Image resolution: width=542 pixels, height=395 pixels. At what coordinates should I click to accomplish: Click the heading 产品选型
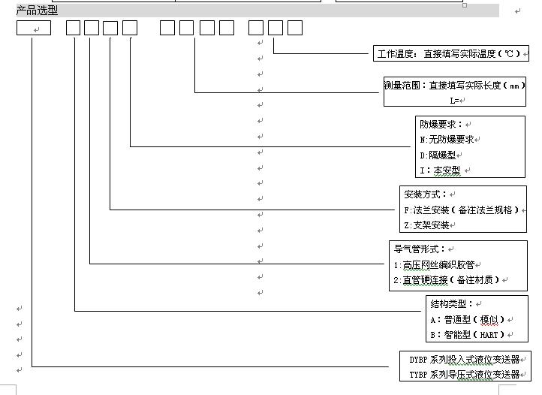(x=37, y=11)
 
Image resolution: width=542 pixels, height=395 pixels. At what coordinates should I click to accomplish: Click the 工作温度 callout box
(x=451, y=53)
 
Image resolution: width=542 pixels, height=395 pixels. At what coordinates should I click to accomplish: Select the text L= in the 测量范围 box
(x=454, y=101)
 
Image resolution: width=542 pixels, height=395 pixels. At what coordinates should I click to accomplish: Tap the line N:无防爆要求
(x=447, y=140)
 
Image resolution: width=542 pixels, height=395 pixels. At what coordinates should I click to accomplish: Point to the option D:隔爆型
(x=438, y=155)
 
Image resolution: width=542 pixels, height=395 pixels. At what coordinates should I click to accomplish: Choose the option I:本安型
(x=440, y=170)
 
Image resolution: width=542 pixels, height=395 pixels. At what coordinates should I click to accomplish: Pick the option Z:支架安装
(x=426, y=225)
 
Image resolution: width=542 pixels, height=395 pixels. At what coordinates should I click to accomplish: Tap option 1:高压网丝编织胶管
(x=434, y=265)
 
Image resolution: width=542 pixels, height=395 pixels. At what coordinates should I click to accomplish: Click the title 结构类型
(x=452, y=304)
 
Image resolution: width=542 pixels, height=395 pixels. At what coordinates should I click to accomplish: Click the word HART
(x=489, y=335)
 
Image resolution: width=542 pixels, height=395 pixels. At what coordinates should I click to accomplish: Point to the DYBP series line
(x=465, y=360)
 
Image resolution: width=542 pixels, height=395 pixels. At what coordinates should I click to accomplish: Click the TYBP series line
(x=465, y=375)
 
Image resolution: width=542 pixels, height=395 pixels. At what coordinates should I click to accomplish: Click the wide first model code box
(x=34, y=28)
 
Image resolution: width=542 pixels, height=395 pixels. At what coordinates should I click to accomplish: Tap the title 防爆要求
(x=441, y=124)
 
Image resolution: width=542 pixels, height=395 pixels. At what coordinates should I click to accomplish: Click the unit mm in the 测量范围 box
(x=515, y=86)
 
